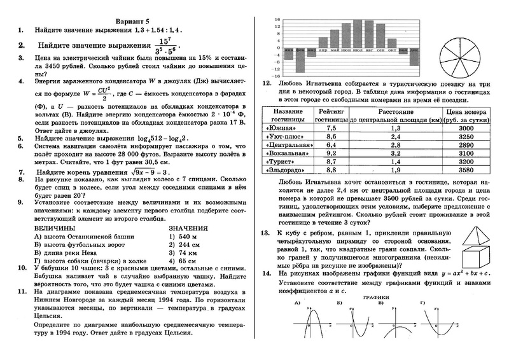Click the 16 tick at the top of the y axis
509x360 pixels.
277,20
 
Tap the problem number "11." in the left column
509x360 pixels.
23,291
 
